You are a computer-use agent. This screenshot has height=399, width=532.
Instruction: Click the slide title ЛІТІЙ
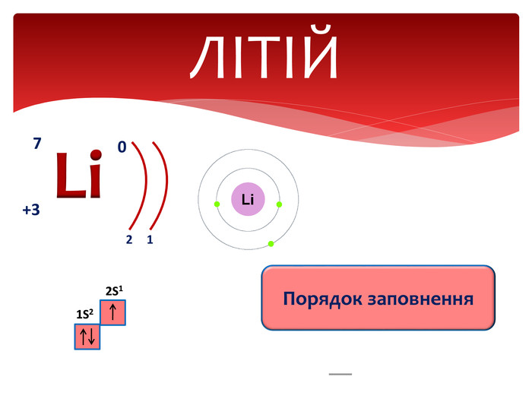pyautogui.click(x=264, y=52)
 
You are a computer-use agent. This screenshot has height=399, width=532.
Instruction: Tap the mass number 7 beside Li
pyautogui.click(x=37, y=143)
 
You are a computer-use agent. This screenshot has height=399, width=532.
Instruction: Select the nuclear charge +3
pyautogui.click(x=31, y=210)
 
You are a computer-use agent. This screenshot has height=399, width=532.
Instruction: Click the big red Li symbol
pyautogui.click(x=79, y=174)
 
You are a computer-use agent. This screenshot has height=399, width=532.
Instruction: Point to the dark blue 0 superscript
pyautogui.click(x=122, y=147)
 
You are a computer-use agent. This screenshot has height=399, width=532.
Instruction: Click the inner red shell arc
pyautogui.click(x=146, y=185)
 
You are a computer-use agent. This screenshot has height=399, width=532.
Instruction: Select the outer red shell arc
pyautogui.click(x=166, y=185)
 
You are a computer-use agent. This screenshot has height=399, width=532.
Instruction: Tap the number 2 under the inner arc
pyautogui.click(x=129, y=239)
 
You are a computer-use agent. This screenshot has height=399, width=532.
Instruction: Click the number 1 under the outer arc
pyautogui.click(x=150, y=239)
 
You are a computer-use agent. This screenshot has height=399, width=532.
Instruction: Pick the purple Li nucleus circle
pyautogui.click(x=248, y=199)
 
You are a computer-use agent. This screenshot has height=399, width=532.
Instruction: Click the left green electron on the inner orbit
pyautogui.click(x=217, y=204)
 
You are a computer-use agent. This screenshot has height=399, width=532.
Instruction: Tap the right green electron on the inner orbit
pyautogui.click(x=279, y=204)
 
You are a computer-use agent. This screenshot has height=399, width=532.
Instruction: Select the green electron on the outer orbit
pyautogui.click(x=271, y=244)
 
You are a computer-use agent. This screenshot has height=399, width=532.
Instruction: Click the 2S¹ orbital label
pyautogui.click(x=114, y=291)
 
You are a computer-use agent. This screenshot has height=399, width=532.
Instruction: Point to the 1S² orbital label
pyautogui.click(x=85, y=314)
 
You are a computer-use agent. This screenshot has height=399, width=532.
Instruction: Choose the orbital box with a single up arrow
pyautogui.click(x=113, y=312)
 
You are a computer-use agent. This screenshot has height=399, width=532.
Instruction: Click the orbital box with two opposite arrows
pyautogui.click(x=87, y=337)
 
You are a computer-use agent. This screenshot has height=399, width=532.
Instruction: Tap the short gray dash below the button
pyautogui.click(x=340, y=374)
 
